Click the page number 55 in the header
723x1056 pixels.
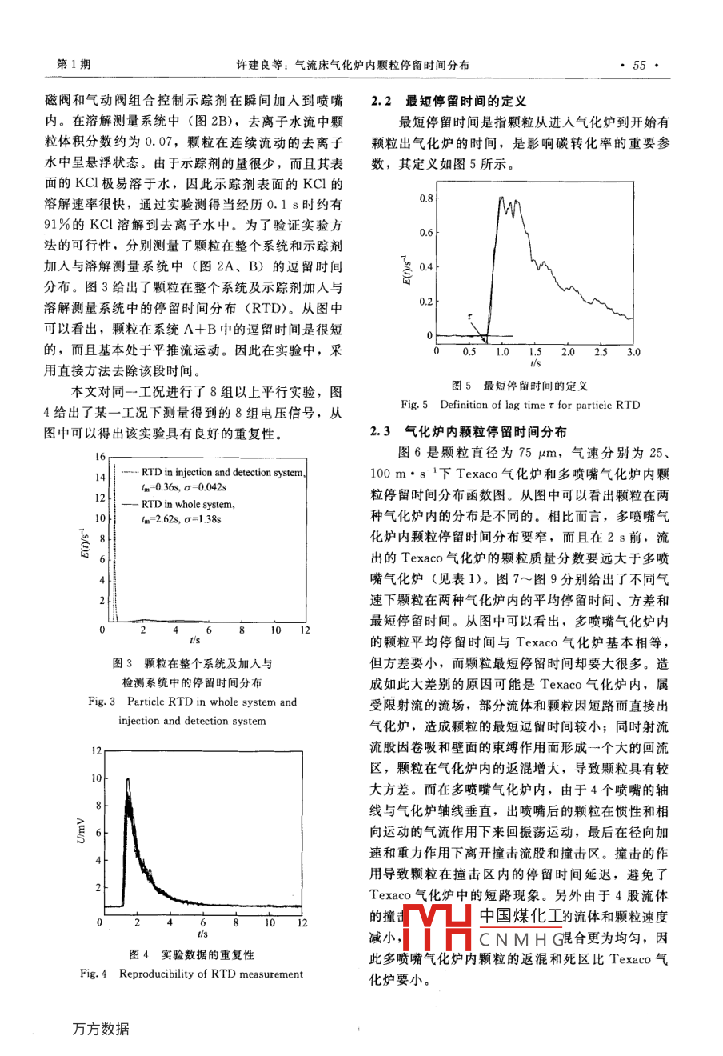click(639, 66)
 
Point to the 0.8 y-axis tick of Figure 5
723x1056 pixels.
click(425, 198)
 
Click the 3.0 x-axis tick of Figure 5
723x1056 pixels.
click(633, 351)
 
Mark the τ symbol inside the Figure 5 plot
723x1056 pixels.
click(469, 317)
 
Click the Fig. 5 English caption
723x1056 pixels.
click(520, 405)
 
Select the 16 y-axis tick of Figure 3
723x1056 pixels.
click(100, 457)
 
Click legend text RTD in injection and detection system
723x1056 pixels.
click(222, 472)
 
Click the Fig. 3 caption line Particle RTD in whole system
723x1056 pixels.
click(192, 702)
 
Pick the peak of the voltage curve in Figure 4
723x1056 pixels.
click(126, 778)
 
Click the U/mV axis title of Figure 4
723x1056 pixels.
click(82, 831)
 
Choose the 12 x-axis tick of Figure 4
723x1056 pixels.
click(302, 923)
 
